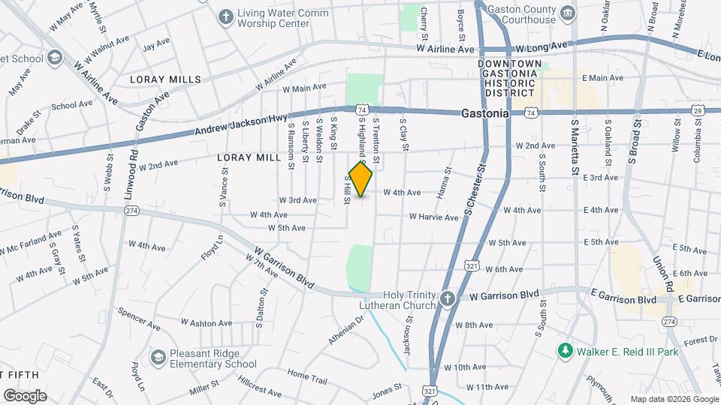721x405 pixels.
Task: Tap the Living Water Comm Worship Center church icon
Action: [x=225, y=16]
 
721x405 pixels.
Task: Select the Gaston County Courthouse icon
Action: [x=569, y=13]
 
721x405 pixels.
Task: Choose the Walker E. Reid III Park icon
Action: [x=565, y=350]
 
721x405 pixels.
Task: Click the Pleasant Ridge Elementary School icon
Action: [x=158, y=358]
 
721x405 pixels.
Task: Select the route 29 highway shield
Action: [x=698, y=111]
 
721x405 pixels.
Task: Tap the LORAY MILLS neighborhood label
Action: [x=165, y=79]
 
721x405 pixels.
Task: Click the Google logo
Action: [x=25, y=395]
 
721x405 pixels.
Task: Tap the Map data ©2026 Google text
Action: [x=674, y=399]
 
